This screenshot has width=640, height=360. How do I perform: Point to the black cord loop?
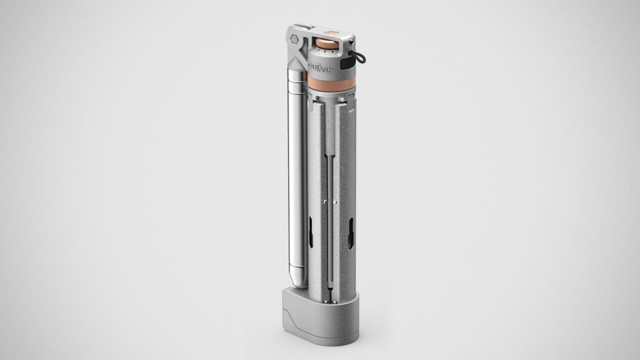(x=360, y=59)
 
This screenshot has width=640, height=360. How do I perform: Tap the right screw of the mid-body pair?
(x=336, y=202)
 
